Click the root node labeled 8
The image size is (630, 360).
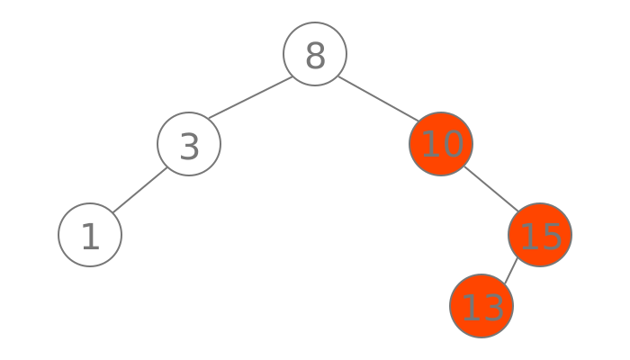(x=315, y=54)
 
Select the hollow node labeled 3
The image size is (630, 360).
(x=189, y=144)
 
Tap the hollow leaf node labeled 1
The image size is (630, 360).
(x=90, y=235)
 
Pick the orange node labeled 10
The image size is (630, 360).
(x=441, y=144)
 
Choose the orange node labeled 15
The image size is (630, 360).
(x=540, y=235)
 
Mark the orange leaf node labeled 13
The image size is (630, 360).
(x=481, y=306)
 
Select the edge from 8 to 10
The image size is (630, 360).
(x=378, y=99)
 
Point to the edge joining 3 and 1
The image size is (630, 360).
(x=139, y=190)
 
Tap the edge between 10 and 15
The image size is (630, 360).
(x=490, y=190)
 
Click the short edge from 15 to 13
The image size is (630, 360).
(x=511, y=270)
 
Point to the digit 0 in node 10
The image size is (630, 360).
(x=453, y=145)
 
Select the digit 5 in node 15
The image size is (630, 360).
(x=552, y=236)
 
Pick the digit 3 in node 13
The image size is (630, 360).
(x=493, y=307)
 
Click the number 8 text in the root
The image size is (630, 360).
(x=315, y=56)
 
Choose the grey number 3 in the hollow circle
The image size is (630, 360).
(x=189, y=146)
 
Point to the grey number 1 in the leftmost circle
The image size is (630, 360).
(x=90, y=237)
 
